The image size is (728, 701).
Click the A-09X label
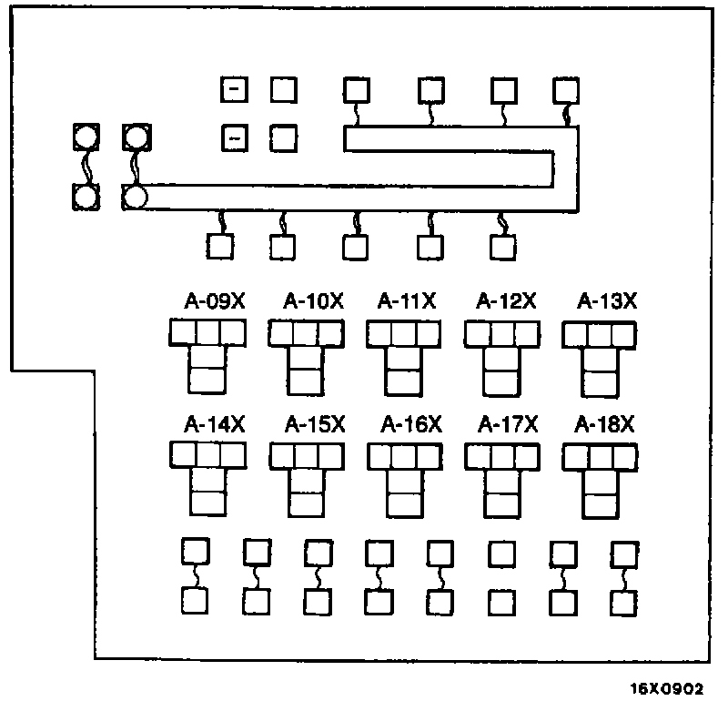pos(215,301)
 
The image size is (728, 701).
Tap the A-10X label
pos(313,301)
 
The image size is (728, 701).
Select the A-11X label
pos(408,301)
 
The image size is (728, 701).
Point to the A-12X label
pos(507,301)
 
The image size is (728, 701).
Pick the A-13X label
pos(605,301)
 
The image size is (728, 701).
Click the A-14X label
pos(215,424)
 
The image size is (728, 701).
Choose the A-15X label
pos(315,424)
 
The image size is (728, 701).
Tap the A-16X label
pos(410,424)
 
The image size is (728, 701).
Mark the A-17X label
pos(509,424)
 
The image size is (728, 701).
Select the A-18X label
pos(605,424)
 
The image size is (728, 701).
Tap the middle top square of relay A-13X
pos(599,335)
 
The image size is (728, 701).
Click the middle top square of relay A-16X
pos(403,457)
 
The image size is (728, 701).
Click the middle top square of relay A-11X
pos(403,335)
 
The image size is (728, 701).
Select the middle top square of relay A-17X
pos(501,457)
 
